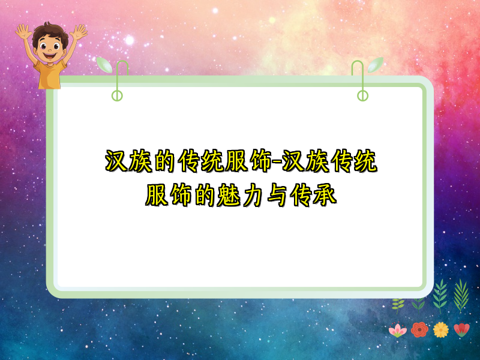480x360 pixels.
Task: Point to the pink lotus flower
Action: pyautogui.click(x=397, y=329)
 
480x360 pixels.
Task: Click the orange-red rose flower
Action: pyautogui.click(x=419, y=329)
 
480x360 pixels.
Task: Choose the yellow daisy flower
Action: pyautogui.click(x=441, y=329)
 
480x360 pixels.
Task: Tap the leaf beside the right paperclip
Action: pyautogui.click(x=376, y=64)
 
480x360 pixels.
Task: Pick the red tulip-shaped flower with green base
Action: pyautogui.click(x=462, y=329)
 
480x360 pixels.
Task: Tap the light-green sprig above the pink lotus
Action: pyautogui.click(x=398, y=305)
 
